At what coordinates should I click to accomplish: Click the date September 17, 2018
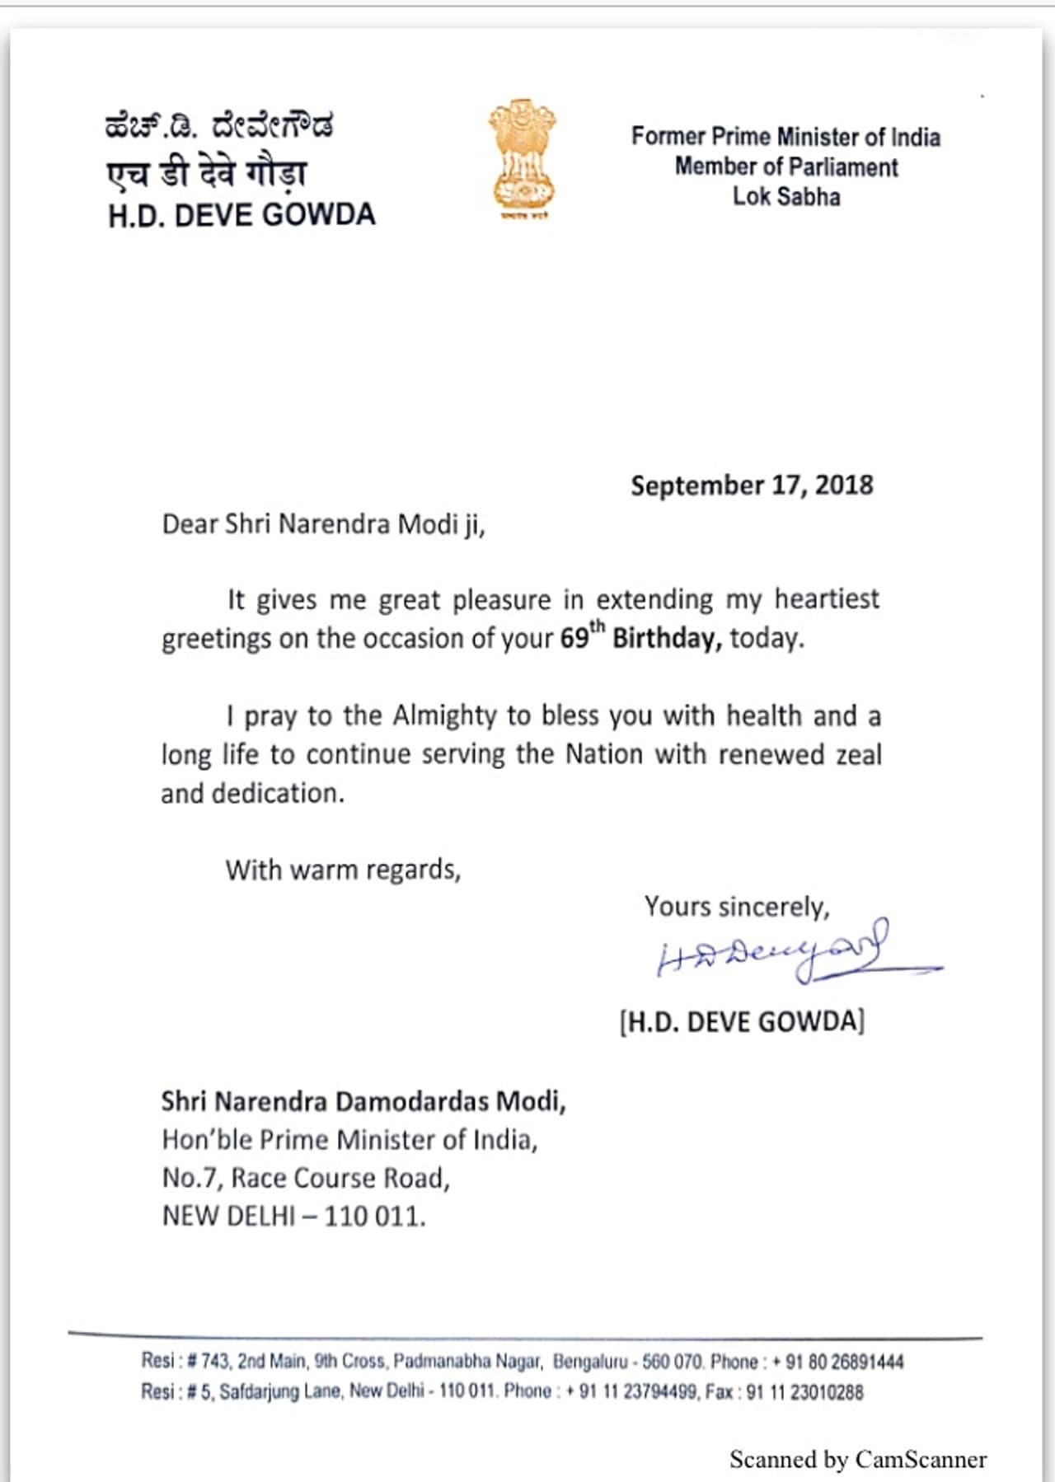click(x=752, y=485)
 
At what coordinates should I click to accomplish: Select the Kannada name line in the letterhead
click(x=219, y=126)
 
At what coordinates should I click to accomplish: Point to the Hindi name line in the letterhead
click(x=207, y=173)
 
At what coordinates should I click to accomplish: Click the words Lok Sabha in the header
click(x=786, y=197)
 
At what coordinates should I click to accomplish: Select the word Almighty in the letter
click(x=444, y=715)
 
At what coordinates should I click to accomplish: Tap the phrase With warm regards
click(x=343, y=870)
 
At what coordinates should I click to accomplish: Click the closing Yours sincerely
click(x=737, y=907)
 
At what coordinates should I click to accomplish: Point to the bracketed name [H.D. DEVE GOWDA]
click(x=742, y=1022)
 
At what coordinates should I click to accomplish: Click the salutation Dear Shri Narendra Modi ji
click(x=323, y=524)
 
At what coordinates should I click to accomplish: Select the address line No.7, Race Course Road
click(x=306, y=1178)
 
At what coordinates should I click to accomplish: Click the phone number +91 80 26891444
click(x=838, y=1362)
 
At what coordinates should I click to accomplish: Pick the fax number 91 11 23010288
click(x=805, y=1392)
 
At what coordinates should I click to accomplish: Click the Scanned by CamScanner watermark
click(x=857, y=1460)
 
